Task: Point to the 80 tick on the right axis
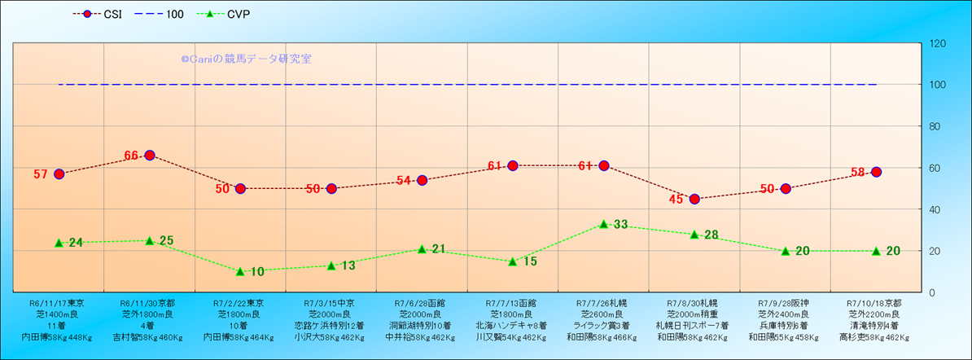coord(936,126)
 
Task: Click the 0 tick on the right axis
coord(933,292)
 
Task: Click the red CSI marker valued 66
coord(150,155)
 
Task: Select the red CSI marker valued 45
coord(694,199)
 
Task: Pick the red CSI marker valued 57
coord(59,173)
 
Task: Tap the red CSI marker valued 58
coord(876,172)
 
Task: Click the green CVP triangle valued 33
coord(603,224)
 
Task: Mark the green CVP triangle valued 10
coord(240,271)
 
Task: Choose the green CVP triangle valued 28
coord(694,235)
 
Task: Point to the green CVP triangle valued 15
coord(513,261)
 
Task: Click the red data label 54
coord(405,180)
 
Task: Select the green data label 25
coord(167,240)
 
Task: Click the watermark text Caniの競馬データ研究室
coord(245,59)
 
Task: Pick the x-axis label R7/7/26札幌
coord(603,302)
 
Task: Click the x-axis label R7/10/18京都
coord(876,302)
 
